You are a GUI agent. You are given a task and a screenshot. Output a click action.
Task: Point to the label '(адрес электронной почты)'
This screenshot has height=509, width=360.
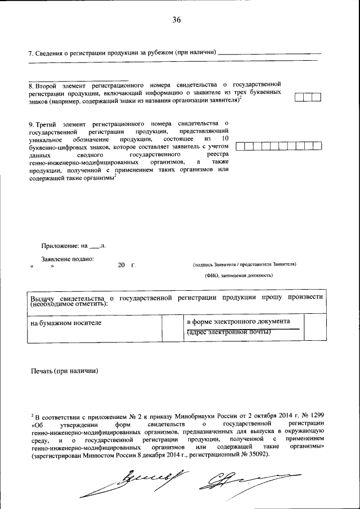pos(229,332)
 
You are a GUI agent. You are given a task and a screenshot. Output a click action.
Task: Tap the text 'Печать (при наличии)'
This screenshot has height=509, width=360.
pos(65,371)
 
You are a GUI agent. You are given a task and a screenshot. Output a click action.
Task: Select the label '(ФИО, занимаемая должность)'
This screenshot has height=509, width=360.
pos(238,276)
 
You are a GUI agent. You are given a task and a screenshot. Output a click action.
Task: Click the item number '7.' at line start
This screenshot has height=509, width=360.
pos(31,52)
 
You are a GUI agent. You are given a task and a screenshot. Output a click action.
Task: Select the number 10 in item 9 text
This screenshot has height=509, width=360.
pos(225,138)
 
